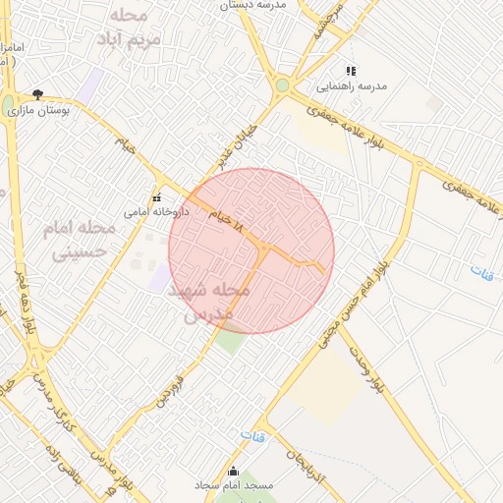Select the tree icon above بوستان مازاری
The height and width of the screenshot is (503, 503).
pyautogui.click(x=37, y=95)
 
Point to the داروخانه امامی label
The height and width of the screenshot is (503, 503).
pyautogui.click(x=149, y=210)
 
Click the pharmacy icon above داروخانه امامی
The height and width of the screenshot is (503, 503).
pyautogui.click(x=156, y=196)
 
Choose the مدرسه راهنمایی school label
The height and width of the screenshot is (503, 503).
pyautogui.click(x=358, y=86)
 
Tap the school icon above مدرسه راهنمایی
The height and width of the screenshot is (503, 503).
pyautogui.click(x=351, y=71)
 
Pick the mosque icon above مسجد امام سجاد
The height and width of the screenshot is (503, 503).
pyautogui.click(x=233, y=471)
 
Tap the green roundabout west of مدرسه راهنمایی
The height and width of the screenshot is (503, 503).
pyautogui.click(x=283, y=85)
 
